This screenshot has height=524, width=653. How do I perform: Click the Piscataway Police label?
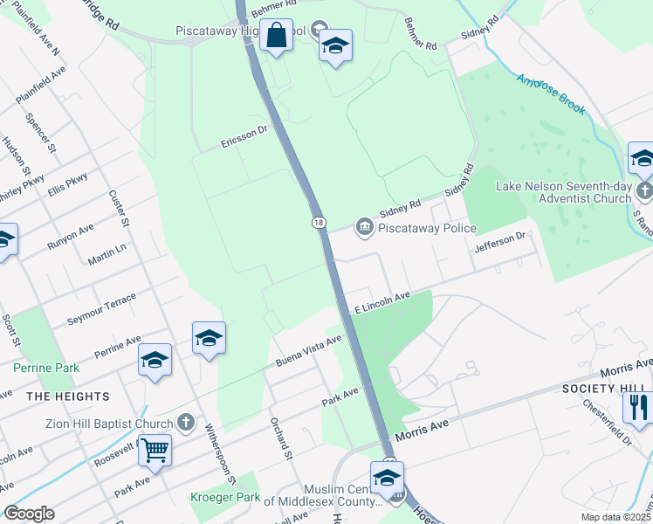427,229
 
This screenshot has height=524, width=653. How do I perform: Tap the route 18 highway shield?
320,223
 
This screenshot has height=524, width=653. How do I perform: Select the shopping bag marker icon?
277,37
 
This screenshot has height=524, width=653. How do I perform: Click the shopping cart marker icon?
155,451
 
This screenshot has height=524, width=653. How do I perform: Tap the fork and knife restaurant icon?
639,406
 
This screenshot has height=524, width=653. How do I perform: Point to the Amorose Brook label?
550,94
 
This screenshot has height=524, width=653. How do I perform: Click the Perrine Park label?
46,368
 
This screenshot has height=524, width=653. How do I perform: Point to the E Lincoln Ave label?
381,304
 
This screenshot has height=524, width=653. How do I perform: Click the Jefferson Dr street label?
501,242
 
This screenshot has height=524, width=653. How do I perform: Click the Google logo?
29,514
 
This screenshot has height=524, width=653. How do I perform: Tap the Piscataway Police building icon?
363,228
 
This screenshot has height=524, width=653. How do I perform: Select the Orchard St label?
280,434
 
